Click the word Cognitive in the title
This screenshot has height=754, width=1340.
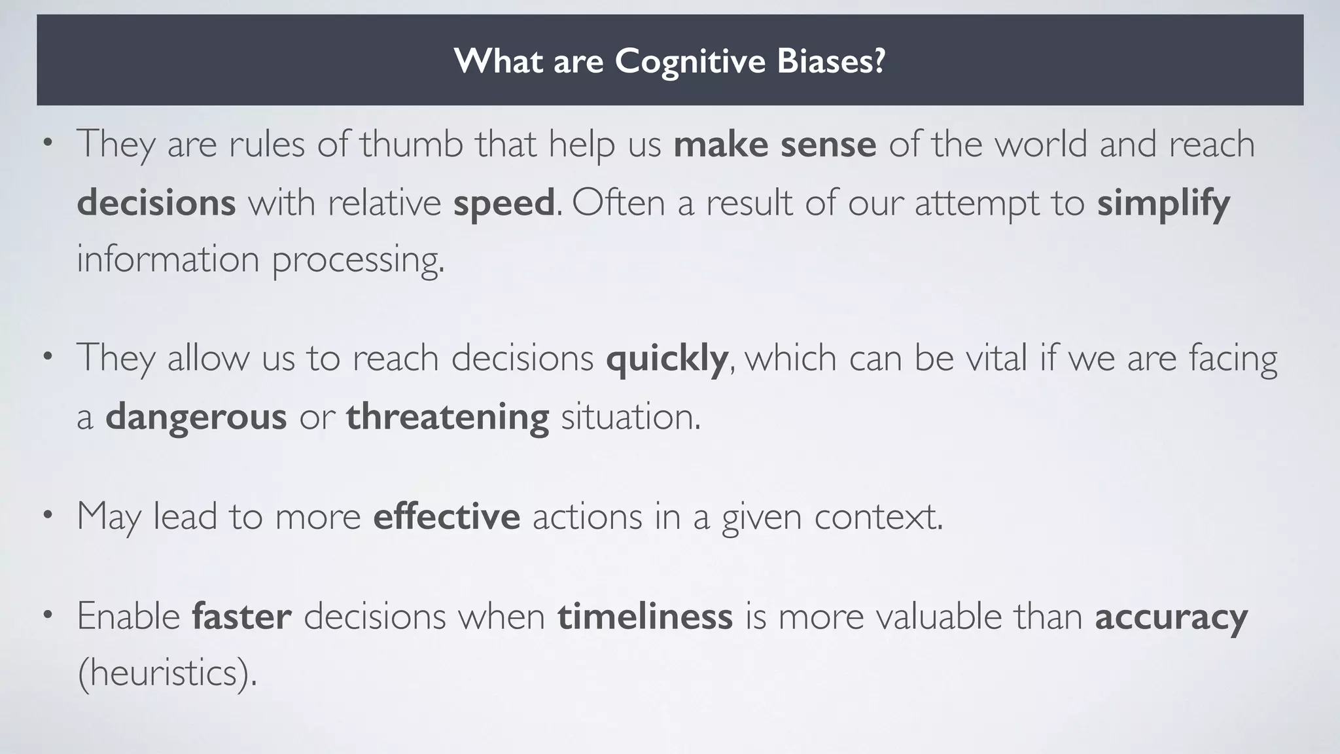click(x=690, y=61)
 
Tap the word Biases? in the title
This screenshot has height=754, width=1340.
click(x=831, y=61)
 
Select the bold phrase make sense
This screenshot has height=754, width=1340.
click(x=775, y=145)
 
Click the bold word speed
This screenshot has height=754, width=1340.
click(x=504, y=203)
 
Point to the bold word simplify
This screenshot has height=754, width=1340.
click(x=1163, y=203)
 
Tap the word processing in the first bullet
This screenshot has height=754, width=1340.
click(x=357, y=259)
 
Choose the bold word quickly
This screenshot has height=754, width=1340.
click(x=667, y=359)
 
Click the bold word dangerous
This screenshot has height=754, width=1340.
click(x=196, y=416)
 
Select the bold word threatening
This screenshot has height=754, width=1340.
click(x=448, y=416)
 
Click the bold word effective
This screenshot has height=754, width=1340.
click(x=446, y=516)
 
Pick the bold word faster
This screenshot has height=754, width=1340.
click(x=241, y=617)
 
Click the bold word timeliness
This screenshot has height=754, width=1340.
click(x=644, y=617)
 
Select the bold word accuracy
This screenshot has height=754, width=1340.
click(x=1171, y=617)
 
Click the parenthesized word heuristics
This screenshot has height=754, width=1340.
click(x=167, y=673)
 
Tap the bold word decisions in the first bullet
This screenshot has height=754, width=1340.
click(x=156, y=203)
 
